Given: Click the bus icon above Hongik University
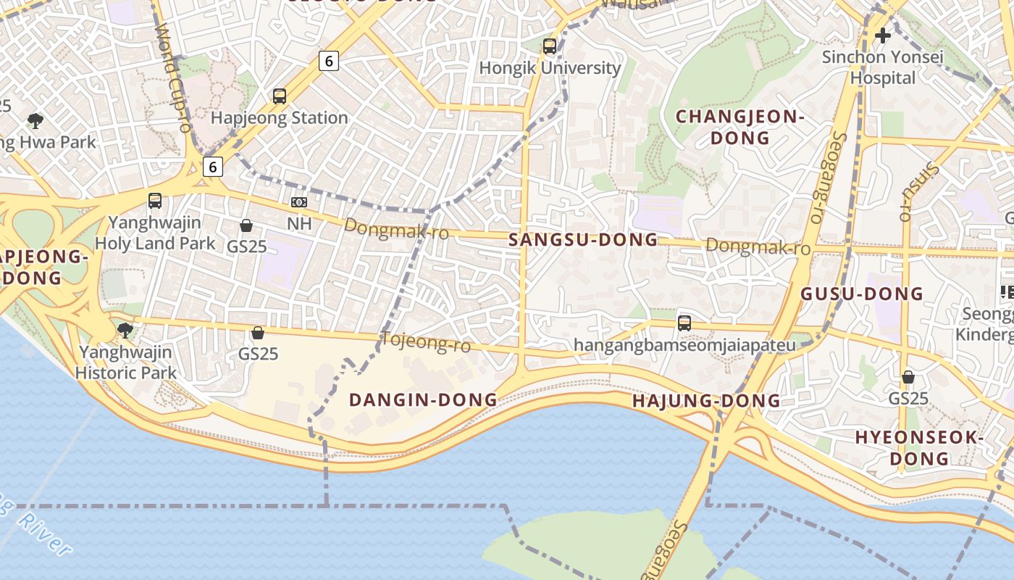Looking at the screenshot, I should point(550,46).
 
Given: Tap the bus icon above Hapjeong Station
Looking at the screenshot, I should point(280,96).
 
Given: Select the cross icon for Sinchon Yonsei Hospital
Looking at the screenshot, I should point(882,35).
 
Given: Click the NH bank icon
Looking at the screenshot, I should point(298,202).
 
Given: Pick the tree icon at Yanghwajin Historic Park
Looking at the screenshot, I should point(125,331).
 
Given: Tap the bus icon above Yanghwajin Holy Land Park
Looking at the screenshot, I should point(155,201).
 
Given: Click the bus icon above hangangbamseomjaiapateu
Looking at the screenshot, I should point(684,323).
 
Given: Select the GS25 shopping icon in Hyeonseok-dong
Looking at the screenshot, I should point(908,377).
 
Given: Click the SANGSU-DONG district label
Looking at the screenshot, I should point(583,240).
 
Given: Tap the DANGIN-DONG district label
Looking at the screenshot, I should point(423,399).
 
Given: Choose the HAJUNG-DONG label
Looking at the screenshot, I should point(706,401).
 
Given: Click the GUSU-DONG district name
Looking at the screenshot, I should point(861,294).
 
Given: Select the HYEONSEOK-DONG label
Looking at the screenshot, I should point(919,447).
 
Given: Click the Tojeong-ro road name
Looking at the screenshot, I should point(425,341).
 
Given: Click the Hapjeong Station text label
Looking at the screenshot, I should point(279,117).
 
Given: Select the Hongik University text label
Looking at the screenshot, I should point(550,68).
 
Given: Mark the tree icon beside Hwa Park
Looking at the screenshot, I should point(35,120).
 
